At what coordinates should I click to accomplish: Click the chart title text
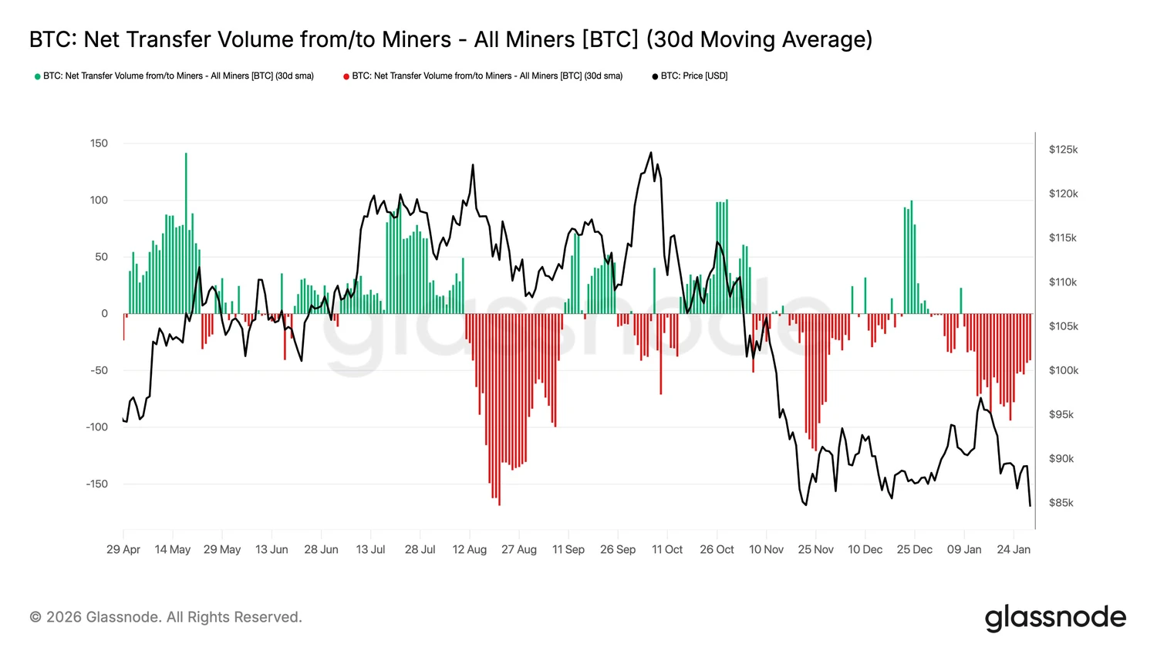click(450, 39)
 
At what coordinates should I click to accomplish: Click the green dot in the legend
click(37, 76)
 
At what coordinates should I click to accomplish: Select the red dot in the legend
click(346, 76)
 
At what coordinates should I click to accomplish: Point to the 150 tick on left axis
click(99, 143)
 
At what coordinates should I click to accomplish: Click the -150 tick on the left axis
click(97, 484)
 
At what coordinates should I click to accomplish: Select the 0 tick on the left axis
click(105, 314)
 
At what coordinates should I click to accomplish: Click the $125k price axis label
click(1063, 150)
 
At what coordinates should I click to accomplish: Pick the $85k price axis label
click(1061, 503)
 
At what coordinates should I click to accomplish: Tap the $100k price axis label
click(1063, 370)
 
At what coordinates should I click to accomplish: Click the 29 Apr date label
click(123, 550)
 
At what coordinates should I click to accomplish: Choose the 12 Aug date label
click(469, 550)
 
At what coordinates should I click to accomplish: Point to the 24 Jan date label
click(1013, 550)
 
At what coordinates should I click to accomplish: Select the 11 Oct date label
click(667, 550)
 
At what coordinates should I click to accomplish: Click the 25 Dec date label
click(914, 550)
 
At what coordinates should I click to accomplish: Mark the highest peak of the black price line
click(650, 153)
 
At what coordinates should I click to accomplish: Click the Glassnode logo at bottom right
click(1055, 618)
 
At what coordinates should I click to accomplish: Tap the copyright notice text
click(166, 617)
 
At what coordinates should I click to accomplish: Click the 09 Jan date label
click(964, 550)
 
